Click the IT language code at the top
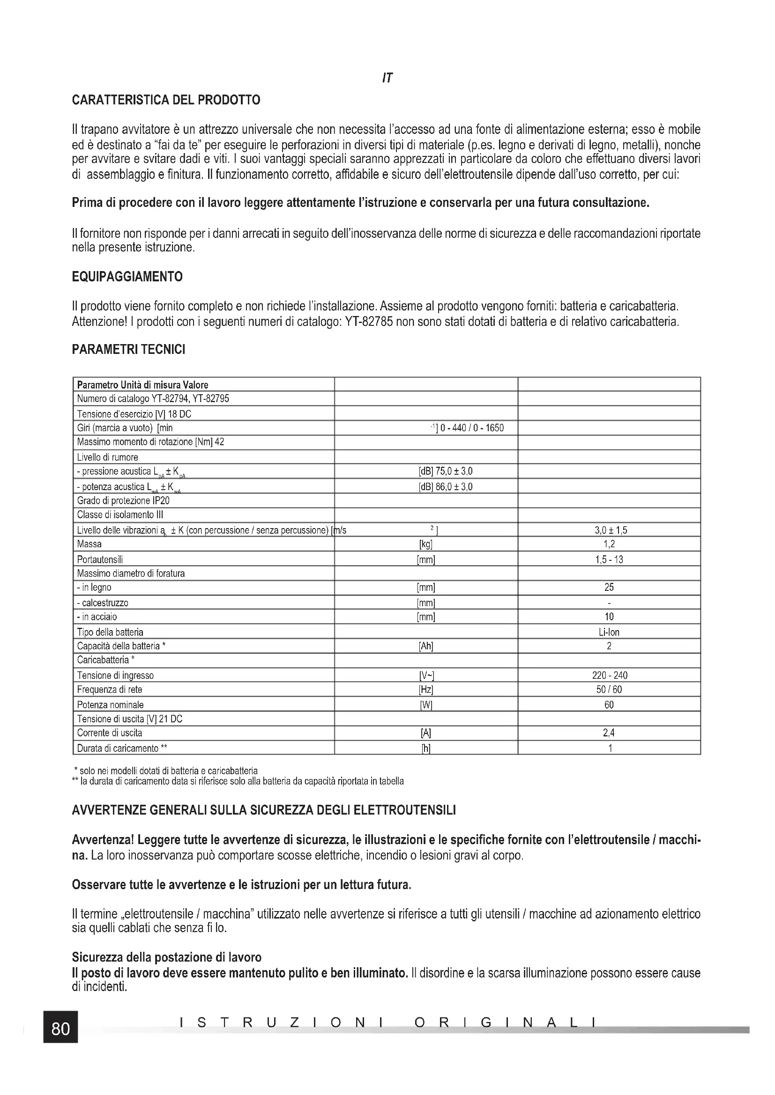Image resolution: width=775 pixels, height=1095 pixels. click(387, 78)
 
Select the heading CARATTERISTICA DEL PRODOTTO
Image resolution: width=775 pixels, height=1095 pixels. click(166, 100)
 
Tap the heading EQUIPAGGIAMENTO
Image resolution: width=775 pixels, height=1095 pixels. click(127, 277)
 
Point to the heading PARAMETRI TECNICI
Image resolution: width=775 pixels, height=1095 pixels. click(128, 350)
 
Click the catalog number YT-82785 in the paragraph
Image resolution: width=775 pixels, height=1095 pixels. click(369, 322)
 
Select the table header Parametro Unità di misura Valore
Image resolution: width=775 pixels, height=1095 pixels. click(143, 385)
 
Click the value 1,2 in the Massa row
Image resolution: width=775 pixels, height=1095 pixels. click(609, 544)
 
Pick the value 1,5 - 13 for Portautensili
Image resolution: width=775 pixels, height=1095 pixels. click(609, 559)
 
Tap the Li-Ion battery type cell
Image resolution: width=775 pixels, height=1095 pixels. click(609, 632)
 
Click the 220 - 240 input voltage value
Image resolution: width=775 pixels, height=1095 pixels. click(609, 676)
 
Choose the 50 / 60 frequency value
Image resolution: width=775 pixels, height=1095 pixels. click(609, 690)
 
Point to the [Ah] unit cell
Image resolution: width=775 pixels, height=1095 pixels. click(425, 646)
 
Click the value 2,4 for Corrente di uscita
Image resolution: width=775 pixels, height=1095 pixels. click(609, 733)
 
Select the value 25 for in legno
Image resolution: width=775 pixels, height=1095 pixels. click(609, 588)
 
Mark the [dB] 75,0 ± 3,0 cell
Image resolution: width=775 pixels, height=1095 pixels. click(445, 472)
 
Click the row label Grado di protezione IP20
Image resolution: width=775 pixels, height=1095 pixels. click(123, 501)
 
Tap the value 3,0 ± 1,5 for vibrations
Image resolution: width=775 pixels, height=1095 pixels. click(609, 530)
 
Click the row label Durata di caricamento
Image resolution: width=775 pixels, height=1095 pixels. click(122, 748)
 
